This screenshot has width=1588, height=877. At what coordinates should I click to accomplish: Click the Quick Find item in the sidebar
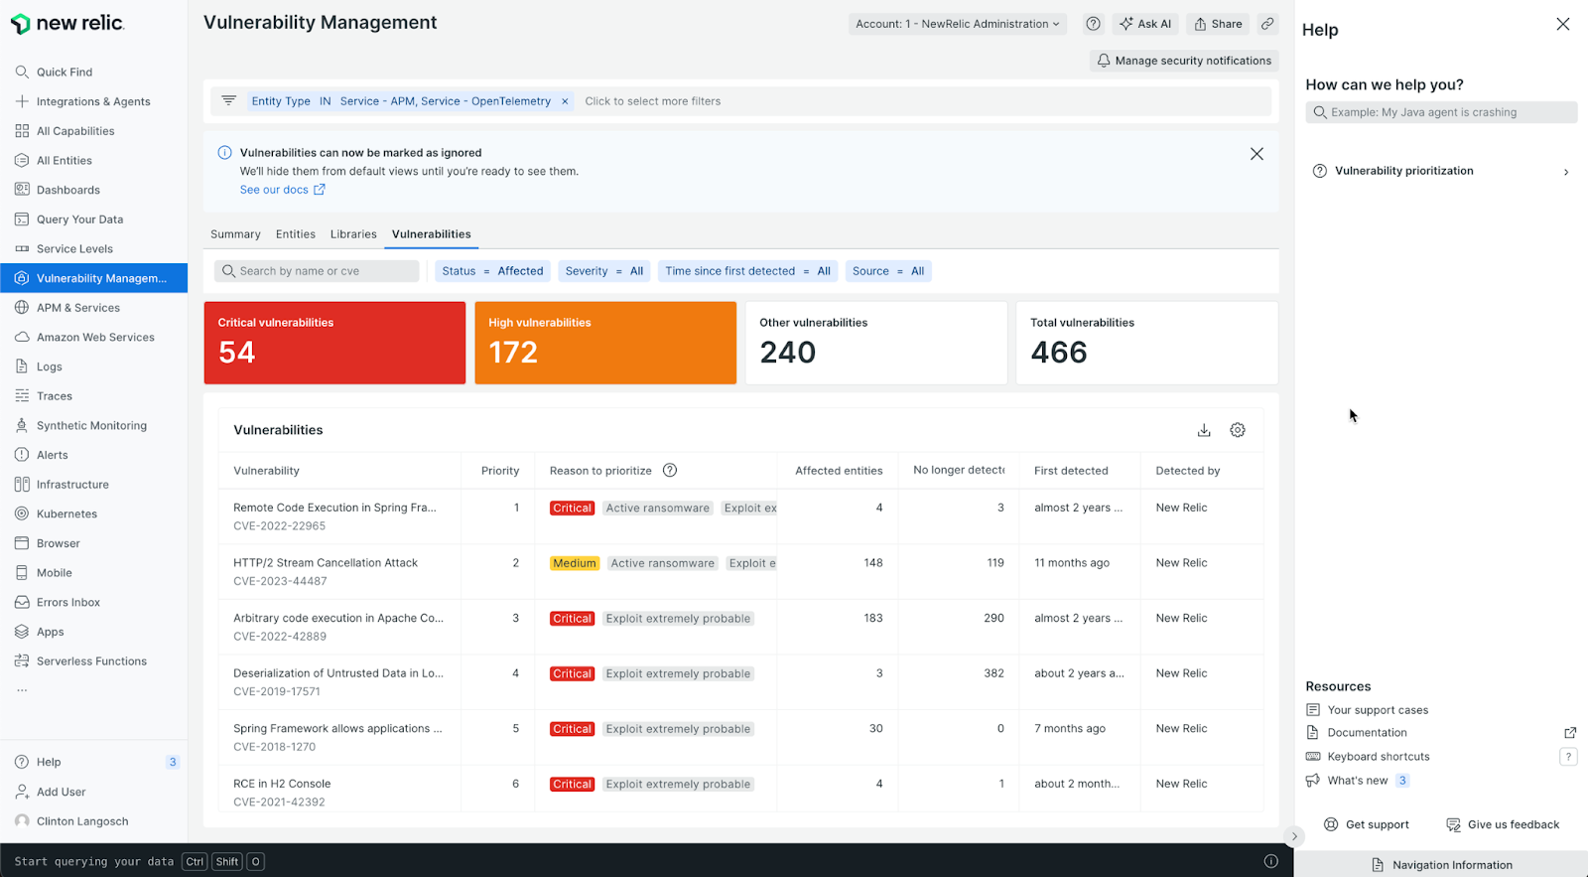tap(64, 73)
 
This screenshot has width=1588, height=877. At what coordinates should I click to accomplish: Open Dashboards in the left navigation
tap(67, 190)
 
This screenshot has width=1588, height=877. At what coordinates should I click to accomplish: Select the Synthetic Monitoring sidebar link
tap(91, 426)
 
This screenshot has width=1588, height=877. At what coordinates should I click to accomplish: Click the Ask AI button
tap(1145, 24)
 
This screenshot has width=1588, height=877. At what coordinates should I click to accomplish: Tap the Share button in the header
tap(1218, 24)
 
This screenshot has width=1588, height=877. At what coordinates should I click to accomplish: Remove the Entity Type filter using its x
tap(565, 101)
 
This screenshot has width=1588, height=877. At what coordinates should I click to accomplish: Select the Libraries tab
tap(353, 234)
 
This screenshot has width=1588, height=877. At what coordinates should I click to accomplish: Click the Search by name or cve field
tap(318, 271)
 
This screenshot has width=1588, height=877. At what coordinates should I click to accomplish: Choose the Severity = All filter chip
tap(603, 271)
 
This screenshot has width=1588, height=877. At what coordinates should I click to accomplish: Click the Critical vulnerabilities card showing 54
tap(334, 343)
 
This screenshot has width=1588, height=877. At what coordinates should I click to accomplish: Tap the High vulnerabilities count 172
tap(513, 353)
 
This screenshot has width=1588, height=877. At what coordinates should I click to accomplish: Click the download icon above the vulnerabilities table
tap(1204, 430)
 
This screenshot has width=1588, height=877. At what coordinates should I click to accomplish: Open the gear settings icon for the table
tap(1238, 430)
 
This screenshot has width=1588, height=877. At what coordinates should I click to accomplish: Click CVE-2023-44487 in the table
tap(280, 581)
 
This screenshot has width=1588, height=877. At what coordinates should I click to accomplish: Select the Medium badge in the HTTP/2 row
tap(575, 563)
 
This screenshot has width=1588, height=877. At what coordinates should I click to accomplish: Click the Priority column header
tap(500, 471)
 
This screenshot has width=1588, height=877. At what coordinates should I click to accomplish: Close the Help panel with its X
tap(1563, 24)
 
